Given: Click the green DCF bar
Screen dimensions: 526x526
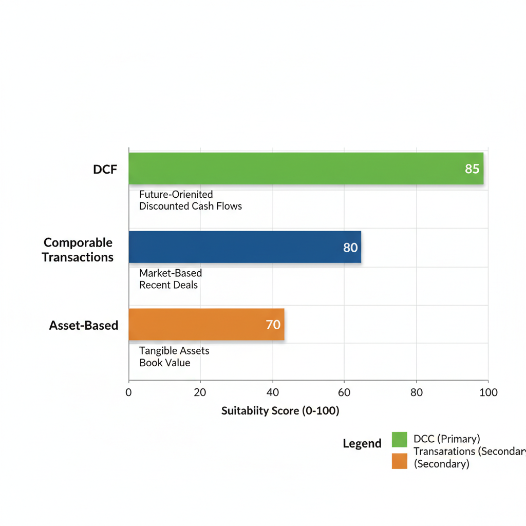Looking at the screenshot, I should tap(306, 168).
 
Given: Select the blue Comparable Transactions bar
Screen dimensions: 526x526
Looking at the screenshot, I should tap(245, 247).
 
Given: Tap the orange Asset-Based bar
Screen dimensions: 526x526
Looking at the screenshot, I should tap(206, 325).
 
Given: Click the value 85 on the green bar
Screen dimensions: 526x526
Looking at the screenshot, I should tap(472, 168).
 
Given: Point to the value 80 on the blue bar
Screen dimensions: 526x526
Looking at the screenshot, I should tap(350, 248).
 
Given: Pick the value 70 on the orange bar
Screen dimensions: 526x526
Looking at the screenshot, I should tap(273, 325).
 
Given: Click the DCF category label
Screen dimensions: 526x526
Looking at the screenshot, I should tap(105, 169).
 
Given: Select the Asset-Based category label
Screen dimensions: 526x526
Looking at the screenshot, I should tap(84, 325).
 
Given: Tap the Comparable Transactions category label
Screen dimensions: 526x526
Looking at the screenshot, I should tap(78, 250).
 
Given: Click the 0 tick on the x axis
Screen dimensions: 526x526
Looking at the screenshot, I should tap(128, 392).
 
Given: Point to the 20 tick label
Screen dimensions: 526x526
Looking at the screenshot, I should tap(200, 392).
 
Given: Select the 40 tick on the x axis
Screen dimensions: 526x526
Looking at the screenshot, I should tap(272, 392).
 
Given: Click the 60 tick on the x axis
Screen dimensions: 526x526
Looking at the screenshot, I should tap(344, 392).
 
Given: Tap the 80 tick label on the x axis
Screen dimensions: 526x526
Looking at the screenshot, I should tap(416, 392).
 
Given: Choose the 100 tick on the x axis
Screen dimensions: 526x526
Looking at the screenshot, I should tap(488, 392).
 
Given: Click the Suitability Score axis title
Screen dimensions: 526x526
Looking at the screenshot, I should tap(280, 411).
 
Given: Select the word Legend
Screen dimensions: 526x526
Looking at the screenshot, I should tap(362, 444).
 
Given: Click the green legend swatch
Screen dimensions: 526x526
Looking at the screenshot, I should tap(399, 440).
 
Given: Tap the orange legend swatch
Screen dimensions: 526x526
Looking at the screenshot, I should tap(399, 461).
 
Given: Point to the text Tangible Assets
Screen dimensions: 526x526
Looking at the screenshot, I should tap(174, 351).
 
